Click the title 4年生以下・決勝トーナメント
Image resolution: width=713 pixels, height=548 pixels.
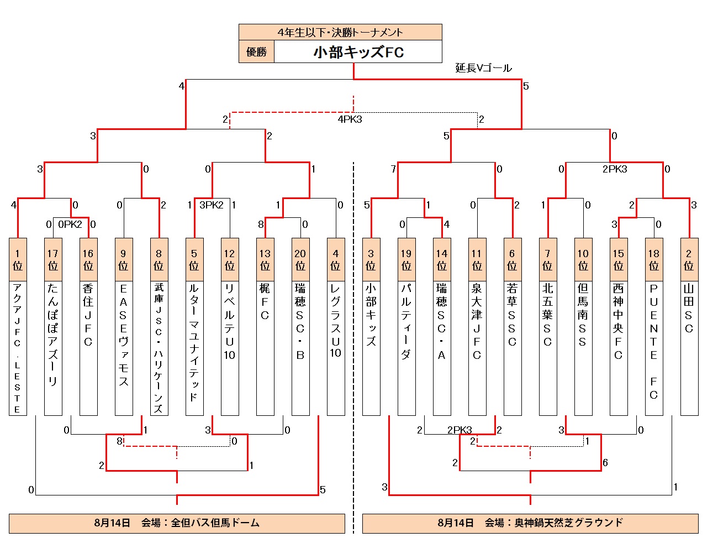click(340, 32)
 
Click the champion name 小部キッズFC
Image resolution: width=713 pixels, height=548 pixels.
click(358, 52)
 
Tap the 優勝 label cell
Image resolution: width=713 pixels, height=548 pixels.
click(256, 52)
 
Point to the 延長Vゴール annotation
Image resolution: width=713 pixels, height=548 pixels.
click(483, 68)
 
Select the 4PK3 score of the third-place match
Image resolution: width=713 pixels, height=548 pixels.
click(350, 119)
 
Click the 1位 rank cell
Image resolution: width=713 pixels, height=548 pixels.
click(18, 259)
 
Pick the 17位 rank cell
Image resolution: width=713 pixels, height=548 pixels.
click(53, 259)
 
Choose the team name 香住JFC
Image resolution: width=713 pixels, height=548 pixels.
click(88, 315)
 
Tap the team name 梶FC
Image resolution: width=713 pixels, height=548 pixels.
click(265, 302)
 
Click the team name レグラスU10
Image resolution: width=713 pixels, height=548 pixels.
click(336, 321)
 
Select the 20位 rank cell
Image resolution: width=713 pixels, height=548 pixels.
click(300, 259)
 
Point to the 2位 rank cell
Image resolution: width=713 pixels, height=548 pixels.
click(689, 259)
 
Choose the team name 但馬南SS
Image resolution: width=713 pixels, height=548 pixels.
click(583, 315)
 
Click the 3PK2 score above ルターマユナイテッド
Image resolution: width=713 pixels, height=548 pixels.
click(212, 205)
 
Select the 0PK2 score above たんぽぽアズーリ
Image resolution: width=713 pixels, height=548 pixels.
click(70, 224)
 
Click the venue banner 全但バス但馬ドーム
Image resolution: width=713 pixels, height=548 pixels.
click(177, 523)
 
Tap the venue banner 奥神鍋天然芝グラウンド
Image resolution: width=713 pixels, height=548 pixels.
click(530, 523)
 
